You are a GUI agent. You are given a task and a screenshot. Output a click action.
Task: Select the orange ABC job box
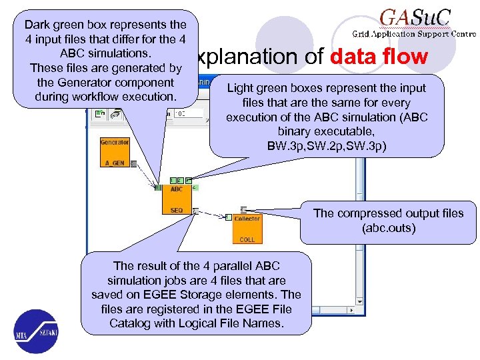point(176,199)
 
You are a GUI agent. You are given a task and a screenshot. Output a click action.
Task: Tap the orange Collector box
point(247,228)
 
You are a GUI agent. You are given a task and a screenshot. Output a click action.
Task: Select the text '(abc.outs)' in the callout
point(388,227)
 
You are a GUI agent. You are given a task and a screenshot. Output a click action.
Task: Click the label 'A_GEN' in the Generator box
point(114,163)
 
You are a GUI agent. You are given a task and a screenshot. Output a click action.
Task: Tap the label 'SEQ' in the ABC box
point(176,210)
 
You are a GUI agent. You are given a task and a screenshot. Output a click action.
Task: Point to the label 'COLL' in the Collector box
point(247,239)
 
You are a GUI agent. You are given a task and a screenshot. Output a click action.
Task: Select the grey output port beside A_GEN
point(133,163)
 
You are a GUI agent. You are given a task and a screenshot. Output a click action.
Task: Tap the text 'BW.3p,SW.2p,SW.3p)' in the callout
point(327,145)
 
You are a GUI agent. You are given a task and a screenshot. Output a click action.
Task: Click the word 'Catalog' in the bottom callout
point(131,323)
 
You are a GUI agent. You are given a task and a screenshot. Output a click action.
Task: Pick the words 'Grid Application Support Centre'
point(414,33)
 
